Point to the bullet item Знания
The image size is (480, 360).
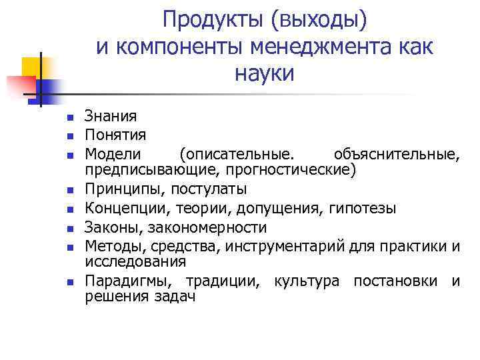pos(111,117)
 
